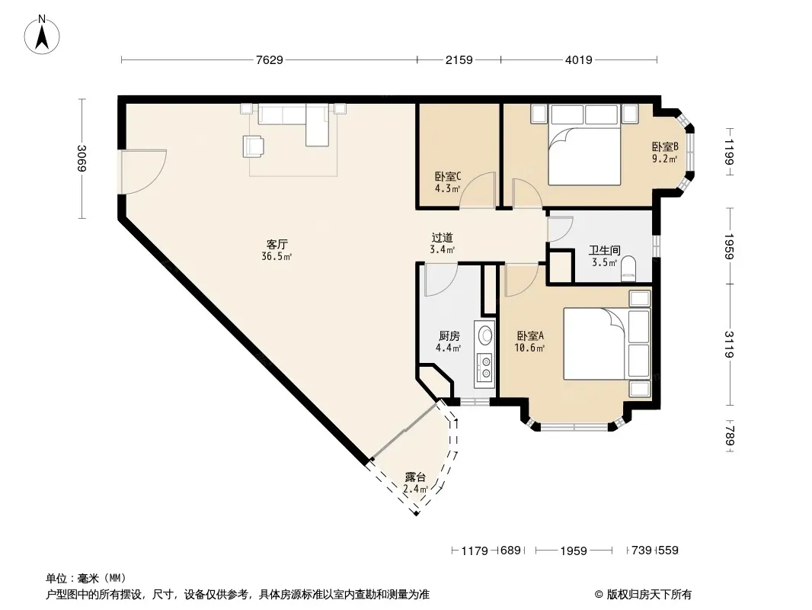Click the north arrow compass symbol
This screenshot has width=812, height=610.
click(42, 34)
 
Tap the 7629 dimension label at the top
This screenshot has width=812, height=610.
click(270, 59)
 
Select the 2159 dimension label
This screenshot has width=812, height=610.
click(459, 59)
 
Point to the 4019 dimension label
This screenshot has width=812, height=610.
click(578, 59)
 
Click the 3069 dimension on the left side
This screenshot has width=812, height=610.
click(82, 158)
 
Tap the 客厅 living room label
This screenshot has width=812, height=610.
click(277, 243)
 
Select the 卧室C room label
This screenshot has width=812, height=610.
click(448, 176)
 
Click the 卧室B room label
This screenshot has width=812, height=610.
click(665, 146)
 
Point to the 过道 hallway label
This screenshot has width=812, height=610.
click(443, 237)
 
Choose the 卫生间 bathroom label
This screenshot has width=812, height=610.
click(604, 250)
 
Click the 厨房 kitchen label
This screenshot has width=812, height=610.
click(449, 335)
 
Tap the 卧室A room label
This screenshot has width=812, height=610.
click(529, 335)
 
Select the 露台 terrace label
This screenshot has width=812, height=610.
click(415, 477)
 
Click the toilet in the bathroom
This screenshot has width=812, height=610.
click(629, 268)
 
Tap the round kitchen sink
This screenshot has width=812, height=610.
click(485, 334)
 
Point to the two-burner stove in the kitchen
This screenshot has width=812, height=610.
click(484, 366)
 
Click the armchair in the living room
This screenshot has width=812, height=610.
click(253, 146)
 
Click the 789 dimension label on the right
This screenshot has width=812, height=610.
click(729, 436)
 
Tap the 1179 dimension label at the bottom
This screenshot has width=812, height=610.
click(474, 551)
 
